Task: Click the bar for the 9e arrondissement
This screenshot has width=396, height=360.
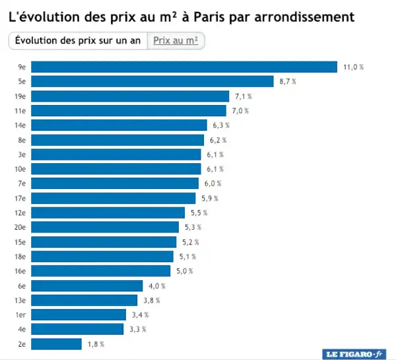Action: coord(184,67)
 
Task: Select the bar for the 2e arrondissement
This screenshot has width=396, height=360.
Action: coord(57,344)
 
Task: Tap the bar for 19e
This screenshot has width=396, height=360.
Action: coord(130,96)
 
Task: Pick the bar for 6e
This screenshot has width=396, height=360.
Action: coord(87,286)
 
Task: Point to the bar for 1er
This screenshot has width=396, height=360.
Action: coord(79,314)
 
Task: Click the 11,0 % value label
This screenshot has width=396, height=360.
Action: coord(354,67)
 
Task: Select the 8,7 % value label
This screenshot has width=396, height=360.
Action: coord(288,81)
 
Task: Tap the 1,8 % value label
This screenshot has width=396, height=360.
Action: coord(96,344)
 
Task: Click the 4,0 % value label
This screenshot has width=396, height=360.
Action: coord(157,286)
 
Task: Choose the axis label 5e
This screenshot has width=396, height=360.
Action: coord(22,81)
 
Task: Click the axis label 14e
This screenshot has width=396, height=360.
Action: coord(20,125)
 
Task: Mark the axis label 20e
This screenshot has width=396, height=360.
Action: coord(20,227)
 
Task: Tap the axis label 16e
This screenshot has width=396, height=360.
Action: coord(20,271)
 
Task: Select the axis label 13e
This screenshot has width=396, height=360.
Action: coord(20,300)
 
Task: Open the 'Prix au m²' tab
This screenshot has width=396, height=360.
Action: coord(176,40)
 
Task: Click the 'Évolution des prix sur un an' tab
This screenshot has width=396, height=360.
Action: coord(77,40)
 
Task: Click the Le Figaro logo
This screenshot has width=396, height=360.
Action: coord(355,354)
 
